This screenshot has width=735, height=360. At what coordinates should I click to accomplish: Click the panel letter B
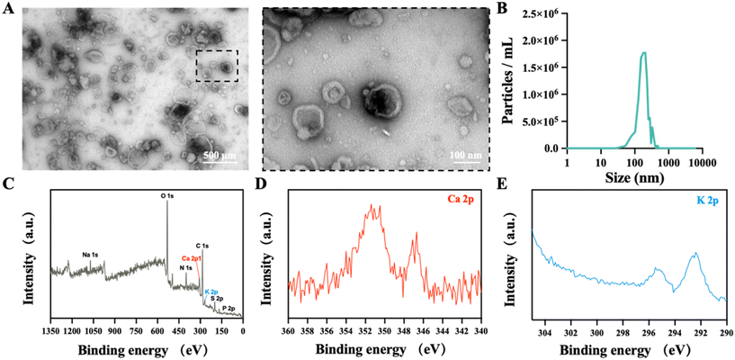pos(501,9)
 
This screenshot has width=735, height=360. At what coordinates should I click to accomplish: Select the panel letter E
pos(501,185)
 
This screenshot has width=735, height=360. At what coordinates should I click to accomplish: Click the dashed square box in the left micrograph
pos(217,65)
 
